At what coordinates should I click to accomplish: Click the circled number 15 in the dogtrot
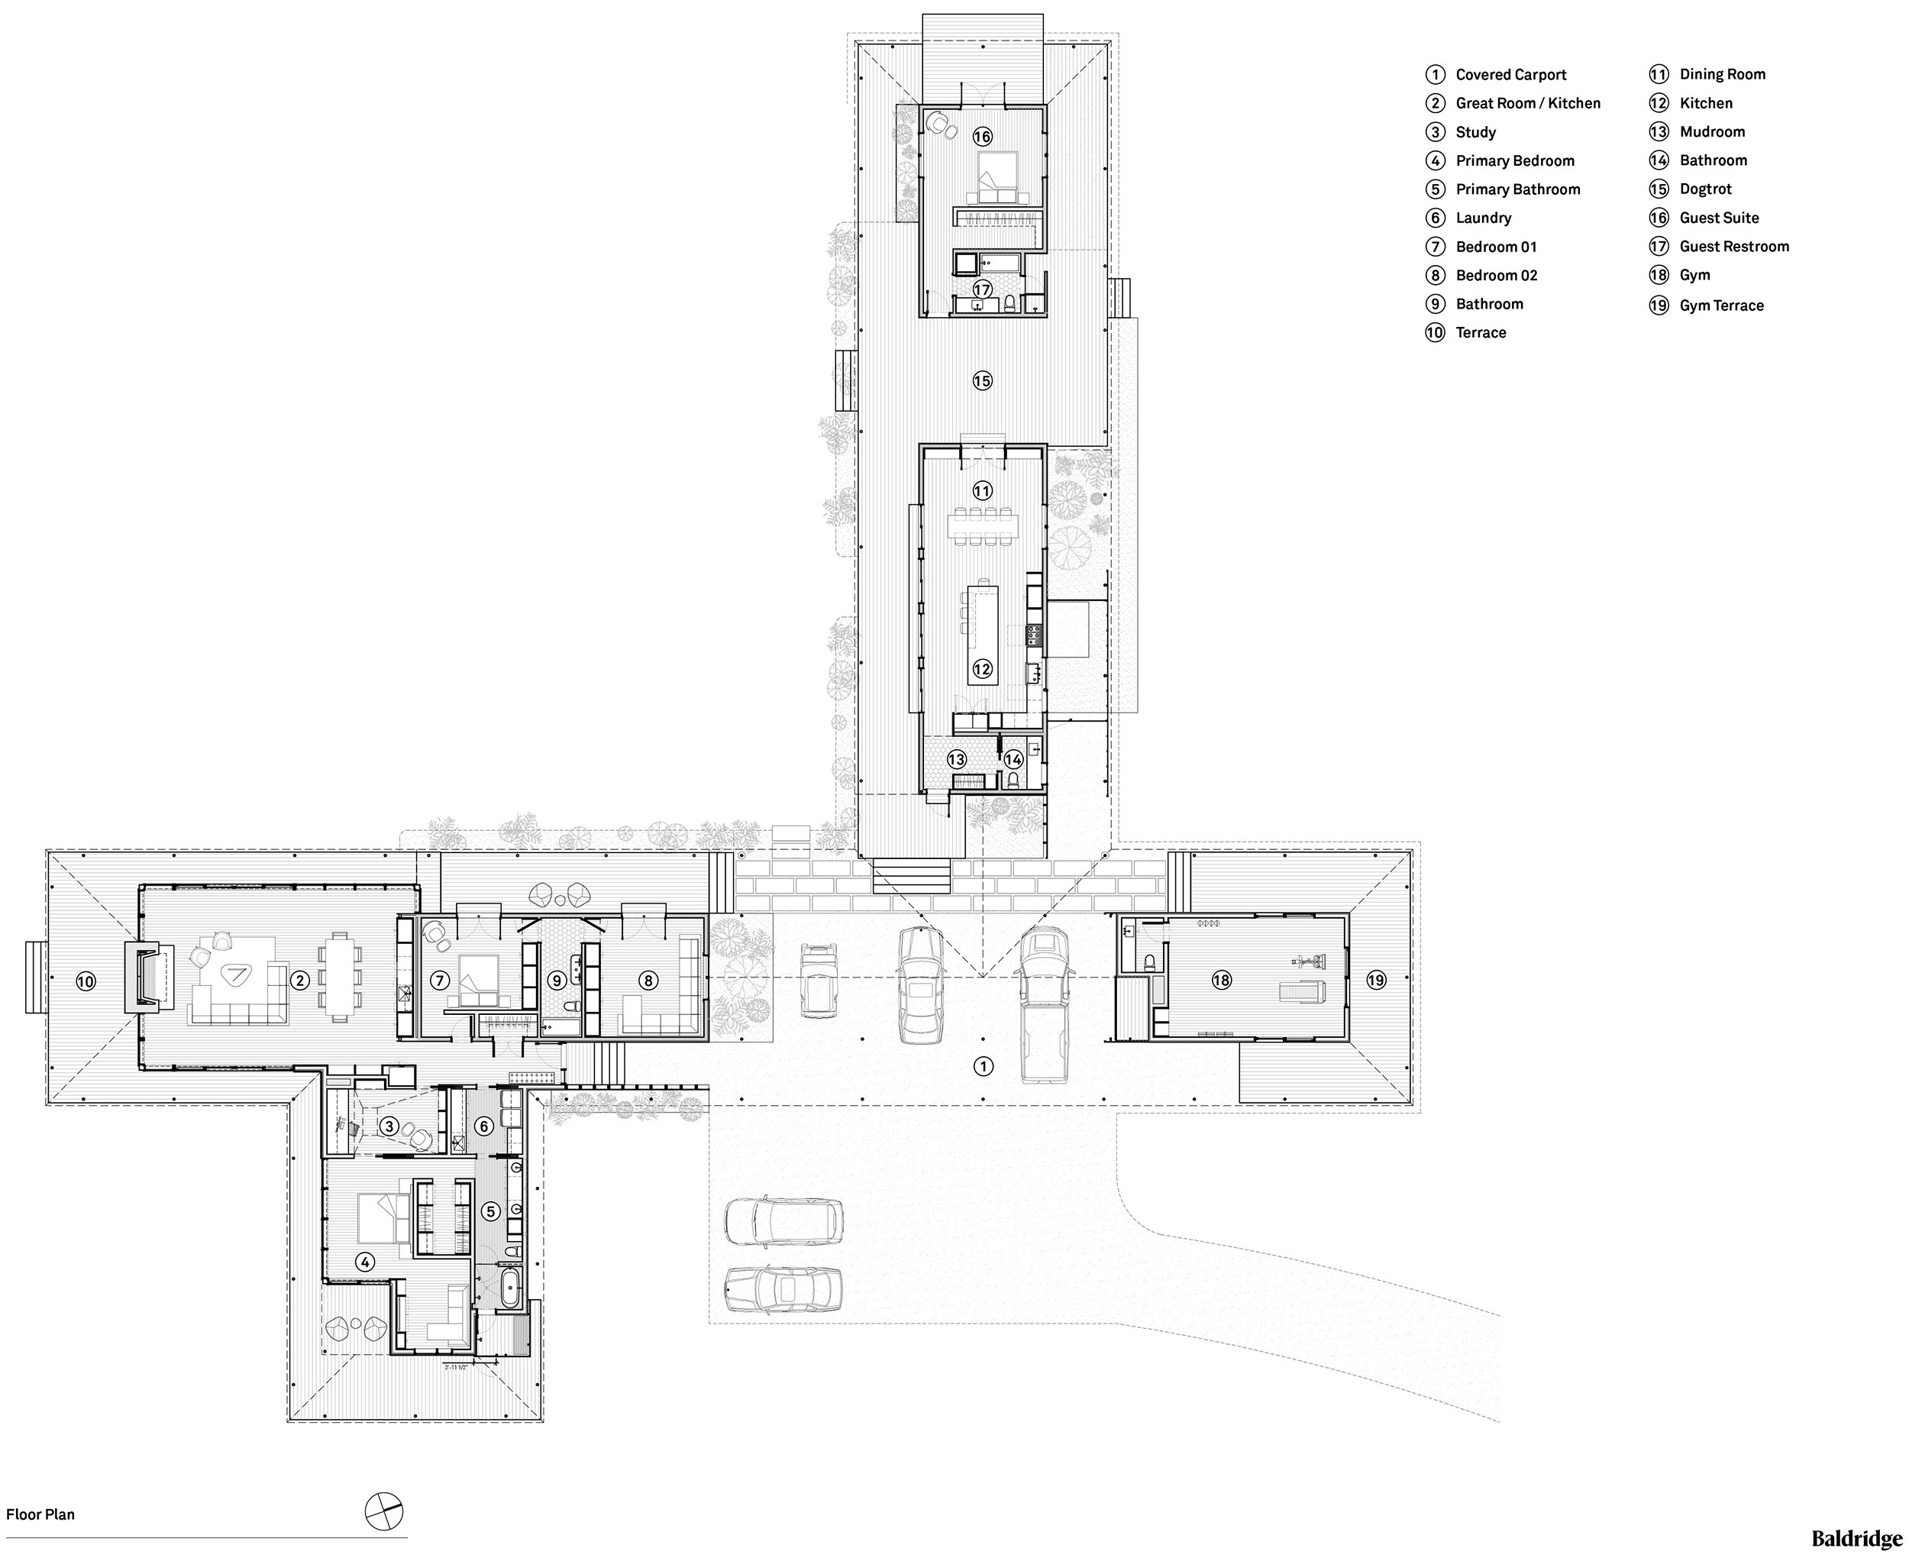click(982, 381)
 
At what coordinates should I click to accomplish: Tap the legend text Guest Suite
click(1718, 218)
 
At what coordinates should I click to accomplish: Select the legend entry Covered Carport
click(1510, 75)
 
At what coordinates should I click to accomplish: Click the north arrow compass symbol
click(384, 1511)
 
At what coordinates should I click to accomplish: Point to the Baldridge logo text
click(1856, 1539)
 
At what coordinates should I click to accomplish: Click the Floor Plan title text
click(40, 1514)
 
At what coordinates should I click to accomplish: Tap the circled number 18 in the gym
click(1221, 980)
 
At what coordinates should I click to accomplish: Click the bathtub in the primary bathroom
click(509, 1289)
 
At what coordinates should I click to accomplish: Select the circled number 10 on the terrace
click(86, 981)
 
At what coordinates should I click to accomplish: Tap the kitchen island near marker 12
click(982, 634)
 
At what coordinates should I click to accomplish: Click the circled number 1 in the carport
click(984, 1066)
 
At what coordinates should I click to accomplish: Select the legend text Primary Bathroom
click(1517, 189)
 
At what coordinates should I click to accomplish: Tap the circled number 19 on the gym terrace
click(1376, 980)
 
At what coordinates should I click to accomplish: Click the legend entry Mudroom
click(1711, 131)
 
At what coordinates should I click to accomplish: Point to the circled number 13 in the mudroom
click(957, 760)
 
